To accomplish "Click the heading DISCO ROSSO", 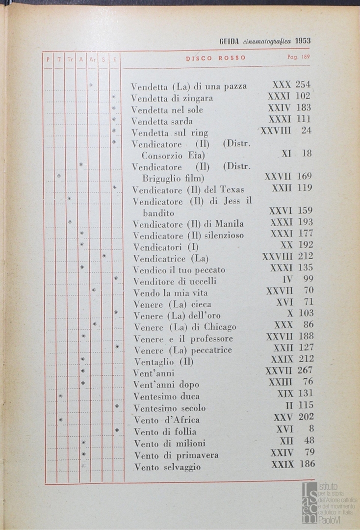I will click(216, 58).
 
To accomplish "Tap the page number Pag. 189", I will click(298, 57).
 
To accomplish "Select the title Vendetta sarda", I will click(162, 121).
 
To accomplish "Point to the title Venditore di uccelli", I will click(175, 281).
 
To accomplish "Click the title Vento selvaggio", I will click(167, 467).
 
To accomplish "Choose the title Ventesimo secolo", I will click(170, 408).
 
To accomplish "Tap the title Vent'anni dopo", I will click(166, 384).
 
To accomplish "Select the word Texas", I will click(232, 189).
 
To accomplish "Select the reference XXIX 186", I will click(293, 464).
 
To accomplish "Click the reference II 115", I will click(299, 406).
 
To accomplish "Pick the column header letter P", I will click(48, 59).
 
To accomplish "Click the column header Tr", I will click(70, 59).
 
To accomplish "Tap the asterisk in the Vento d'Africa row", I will click(60, 420).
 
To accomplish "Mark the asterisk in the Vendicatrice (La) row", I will click(104, 256).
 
